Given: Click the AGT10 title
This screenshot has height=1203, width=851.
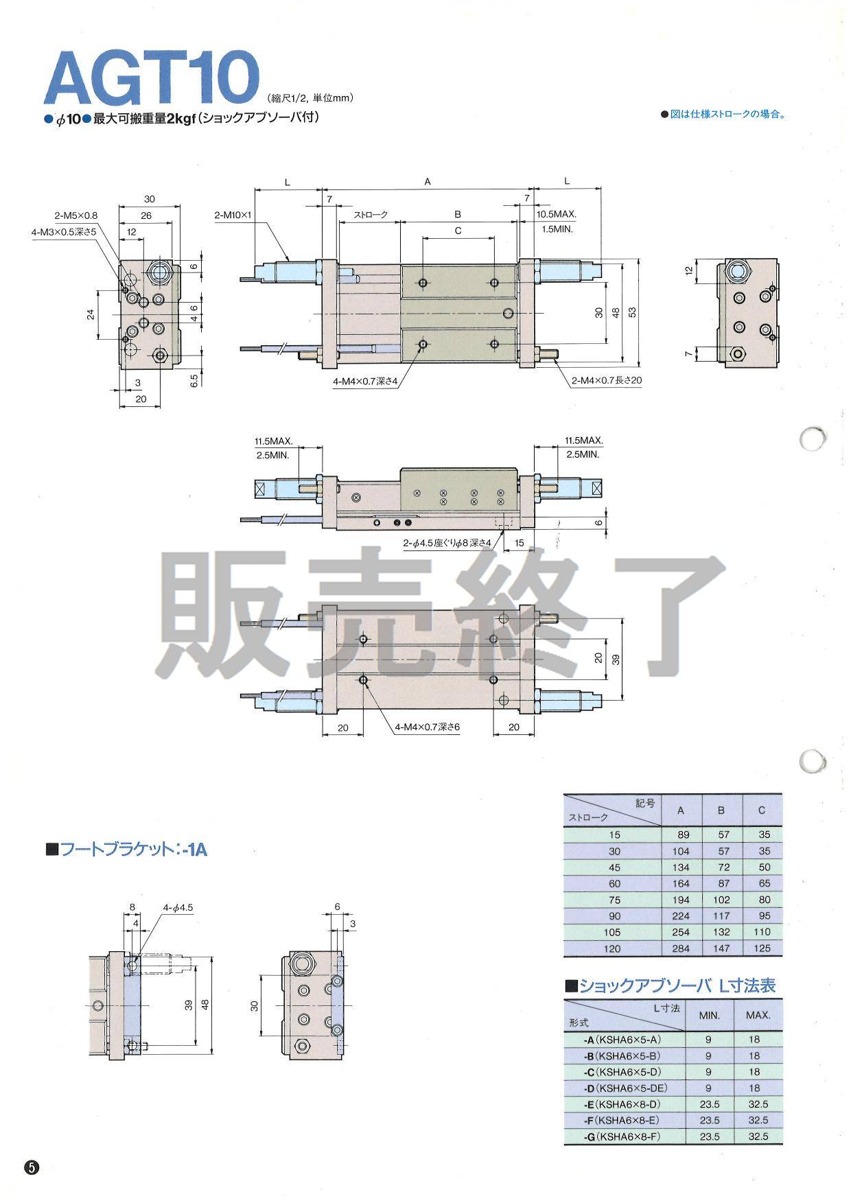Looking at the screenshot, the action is [151, 79].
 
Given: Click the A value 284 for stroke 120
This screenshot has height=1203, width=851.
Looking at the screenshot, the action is [680, 948].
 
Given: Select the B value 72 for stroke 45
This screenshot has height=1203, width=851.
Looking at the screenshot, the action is [721, 867].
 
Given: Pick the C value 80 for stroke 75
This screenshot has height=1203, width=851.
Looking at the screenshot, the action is [762, 900].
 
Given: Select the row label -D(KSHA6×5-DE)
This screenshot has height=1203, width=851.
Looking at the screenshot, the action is [620, 1088].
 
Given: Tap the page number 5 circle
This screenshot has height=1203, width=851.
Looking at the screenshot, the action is [32, 1167].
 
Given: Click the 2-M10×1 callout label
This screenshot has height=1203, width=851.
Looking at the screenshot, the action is [234, 215].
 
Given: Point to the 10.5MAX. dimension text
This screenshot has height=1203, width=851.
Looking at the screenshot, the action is [556, 215].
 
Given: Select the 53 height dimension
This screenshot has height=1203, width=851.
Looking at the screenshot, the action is [633, 312].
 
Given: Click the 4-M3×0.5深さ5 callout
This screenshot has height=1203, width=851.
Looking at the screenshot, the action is [64, 233].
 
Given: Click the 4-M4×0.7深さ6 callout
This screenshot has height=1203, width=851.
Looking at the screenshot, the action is [427, 727].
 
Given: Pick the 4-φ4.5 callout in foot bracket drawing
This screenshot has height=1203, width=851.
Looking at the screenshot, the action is [178, 907].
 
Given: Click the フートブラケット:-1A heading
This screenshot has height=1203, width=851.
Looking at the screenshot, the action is [126, 849].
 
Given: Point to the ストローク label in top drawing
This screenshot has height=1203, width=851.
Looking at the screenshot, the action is [371, 215].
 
